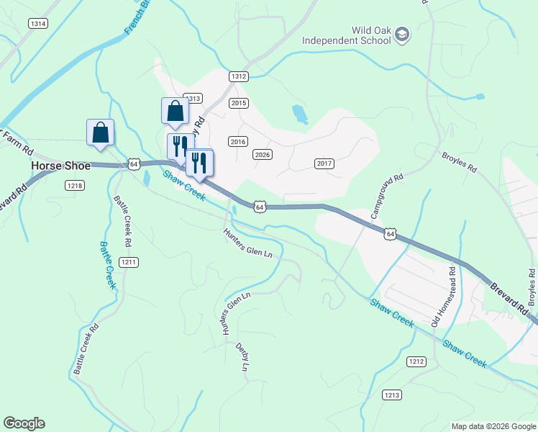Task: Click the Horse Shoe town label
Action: pos(60,166)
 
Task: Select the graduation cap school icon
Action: pos(403,35)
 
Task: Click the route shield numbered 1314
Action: pos(38,24)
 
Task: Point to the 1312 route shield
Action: pos(239,76)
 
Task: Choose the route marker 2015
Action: pos(239,103)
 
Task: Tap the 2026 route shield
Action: pos(263,155)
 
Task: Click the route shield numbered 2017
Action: pos(324,164)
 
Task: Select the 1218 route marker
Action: pos(76,186)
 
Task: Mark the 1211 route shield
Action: pos(129,261)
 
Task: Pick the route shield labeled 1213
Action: pos(392,395)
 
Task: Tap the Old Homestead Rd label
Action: pos(444,297)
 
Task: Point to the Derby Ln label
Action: pos(242,356)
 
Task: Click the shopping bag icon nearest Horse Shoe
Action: pos(100,132)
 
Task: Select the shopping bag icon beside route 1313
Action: pos(175,112)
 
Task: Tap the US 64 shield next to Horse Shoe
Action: pos(134,164)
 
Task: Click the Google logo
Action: pos(24,423)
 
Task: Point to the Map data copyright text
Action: pos(493,426)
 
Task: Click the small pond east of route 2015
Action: pos(299,113)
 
